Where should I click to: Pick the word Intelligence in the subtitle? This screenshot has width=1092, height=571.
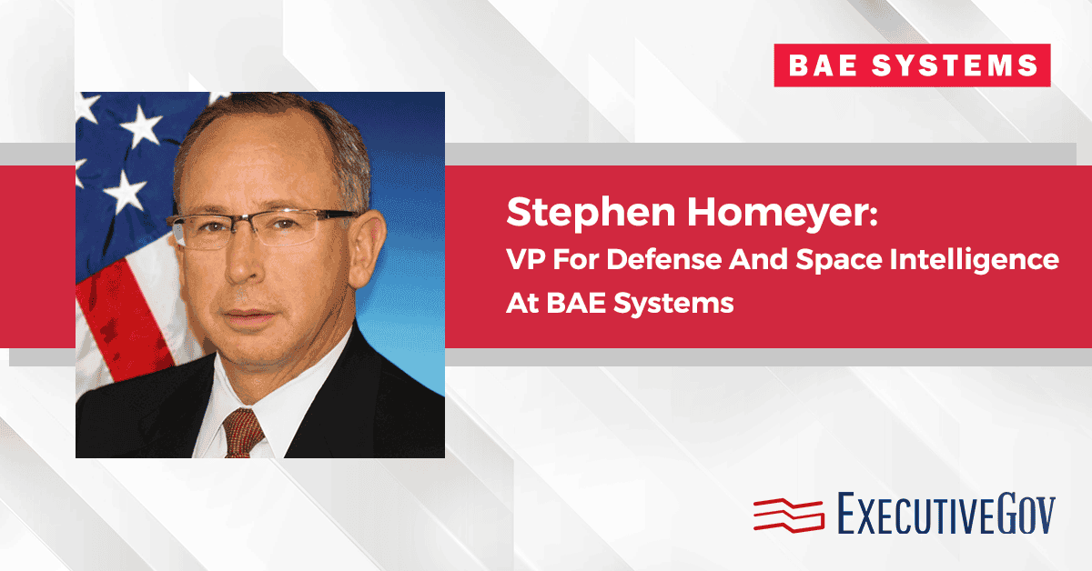980,261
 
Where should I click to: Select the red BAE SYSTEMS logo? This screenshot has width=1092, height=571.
912,65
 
